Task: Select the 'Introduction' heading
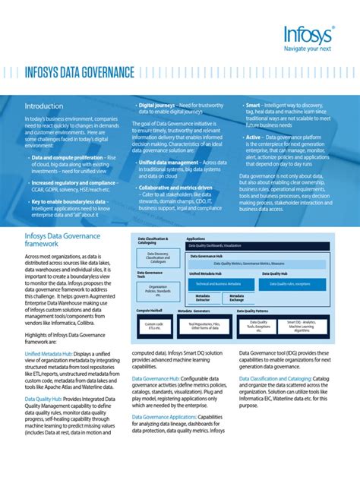(x=44, y=106)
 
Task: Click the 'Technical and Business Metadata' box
(x=213, y=283)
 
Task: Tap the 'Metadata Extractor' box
(x=203, y=298)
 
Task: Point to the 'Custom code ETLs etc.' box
(x=153, y=324)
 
